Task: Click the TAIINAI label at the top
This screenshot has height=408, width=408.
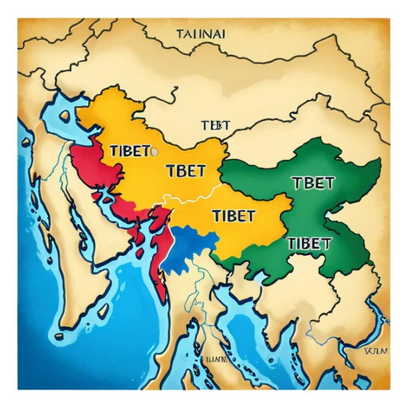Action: pos(201,34)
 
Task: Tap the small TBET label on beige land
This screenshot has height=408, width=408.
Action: pos(215,125)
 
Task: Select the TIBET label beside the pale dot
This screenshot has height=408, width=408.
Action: pos(130,151)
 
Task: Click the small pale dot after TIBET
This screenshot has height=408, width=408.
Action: pos(155,151)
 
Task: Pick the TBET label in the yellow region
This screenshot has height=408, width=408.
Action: pos(186,170)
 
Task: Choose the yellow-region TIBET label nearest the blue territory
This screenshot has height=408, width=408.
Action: pos(233,215)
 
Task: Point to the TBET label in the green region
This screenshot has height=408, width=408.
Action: pos(313,183)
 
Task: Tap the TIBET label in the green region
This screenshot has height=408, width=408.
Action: pos(309,243)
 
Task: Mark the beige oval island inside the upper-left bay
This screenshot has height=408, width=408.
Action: pos(65,115)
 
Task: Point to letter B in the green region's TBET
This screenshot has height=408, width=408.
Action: pos(305,183)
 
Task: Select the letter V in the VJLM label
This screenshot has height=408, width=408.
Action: pos(365,352)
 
